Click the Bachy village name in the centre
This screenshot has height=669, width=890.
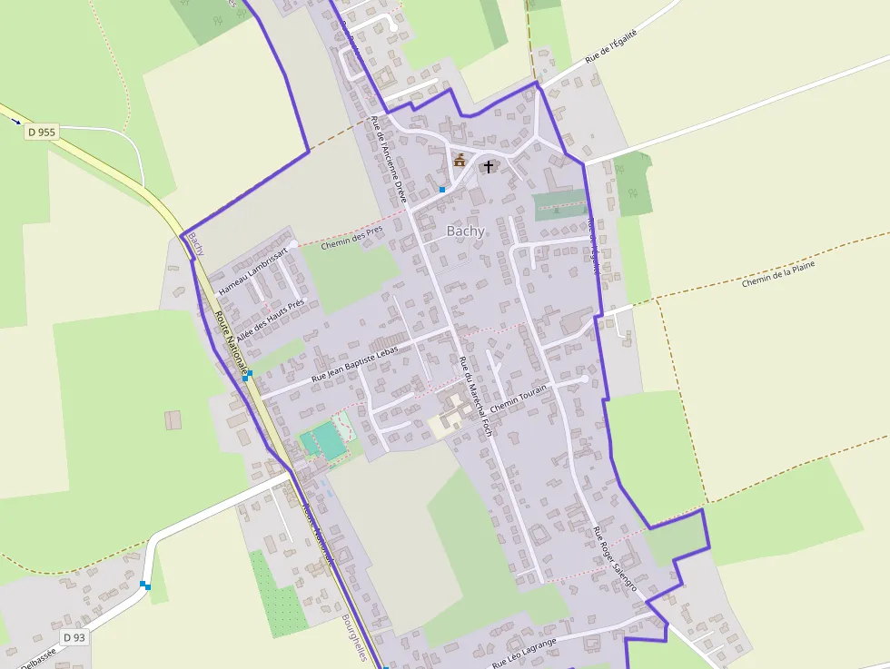pyautogui.click(x=465, y=231)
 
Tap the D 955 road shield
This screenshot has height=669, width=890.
pyautogui.click(x=42, y=133)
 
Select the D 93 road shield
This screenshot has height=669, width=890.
pyautogui.click(x=74, y=638)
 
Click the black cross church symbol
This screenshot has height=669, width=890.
pyautogui.click(x=489, y=166)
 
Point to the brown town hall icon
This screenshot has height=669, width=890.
pyautogui.click(x=460, y=161)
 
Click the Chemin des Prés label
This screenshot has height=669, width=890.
pyautogui.click(x=353, y=236)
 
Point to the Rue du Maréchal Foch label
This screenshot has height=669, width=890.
pyautogui.click(x=475, y=396)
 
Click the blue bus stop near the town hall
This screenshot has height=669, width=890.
pyautogui.click(x=442, y=190)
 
